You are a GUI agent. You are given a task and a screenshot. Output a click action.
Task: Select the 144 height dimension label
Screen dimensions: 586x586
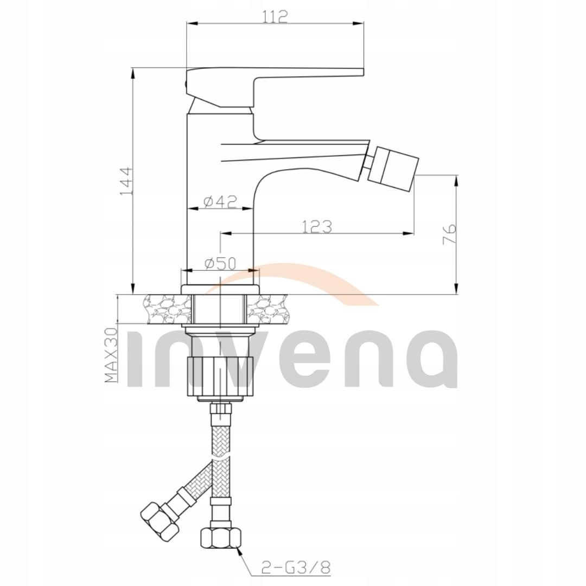click(125, 181)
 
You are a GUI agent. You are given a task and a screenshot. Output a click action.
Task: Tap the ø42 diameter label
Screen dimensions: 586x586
click(220, 201)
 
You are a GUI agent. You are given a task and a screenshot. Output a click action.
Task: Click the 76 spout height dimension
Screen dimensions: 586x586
click(450, 234)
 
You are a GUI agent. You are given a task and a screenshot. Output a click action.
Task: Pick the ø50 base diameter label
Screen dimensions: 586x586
click(220, 263)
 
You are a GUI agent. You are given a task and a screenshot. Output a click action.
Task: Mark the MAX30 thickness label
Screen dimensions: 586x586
click(112, 355)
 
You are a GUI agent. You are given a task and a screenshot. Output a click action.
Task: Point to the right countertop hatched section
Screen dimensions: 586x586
click(267, 310)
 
